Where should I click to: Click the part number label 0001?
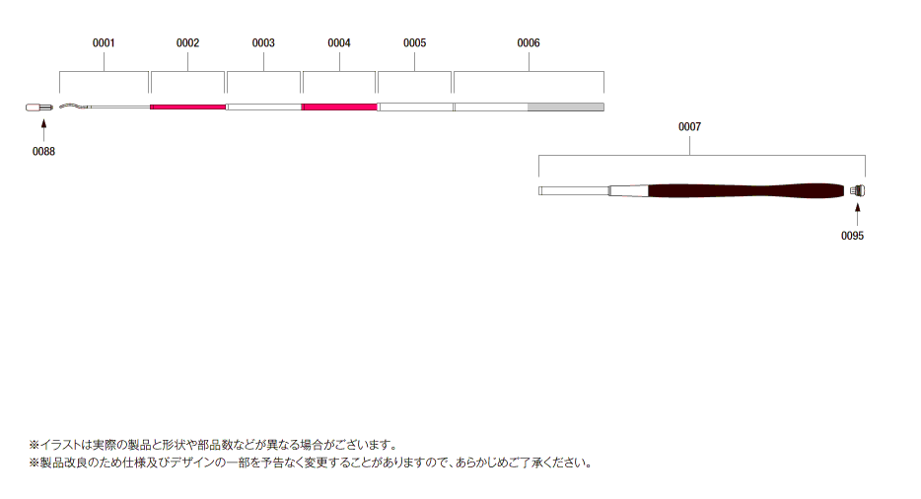[x=104, y=43]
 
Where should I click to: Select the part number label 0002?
[x=187, y=43]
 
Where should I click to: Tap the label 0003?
[x=263, y=43]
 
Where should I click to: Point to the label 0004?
[x=339, y=43]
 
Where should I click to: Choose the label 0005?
[x=415, y=43]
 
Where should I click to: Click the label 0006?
[x=529, y=43]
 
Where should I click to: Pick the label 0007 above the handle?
[x=689, y=127]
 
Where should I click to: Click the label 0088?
[x=43, y=152]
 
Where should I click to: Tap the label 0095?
[x=852, y=236]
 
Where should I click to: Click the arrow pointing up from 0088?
[x=43, y=130]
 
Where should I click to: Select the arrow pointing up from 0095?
[x=858, y=215]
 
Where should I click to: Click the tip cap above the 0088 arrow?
[x=39, y=107]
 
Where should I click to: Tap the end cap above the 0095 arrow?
[x=858, y=190]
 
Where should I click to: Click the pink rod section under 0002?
[x=188, y=107]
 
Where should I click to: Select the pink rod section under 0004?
[x=339, y=107]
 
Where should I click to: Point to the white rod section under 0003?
[x=263, y=107]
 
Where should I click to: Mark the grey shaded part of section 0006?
[x=566, y=107]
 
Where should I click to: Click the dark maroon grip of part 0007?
[x=745, y=191]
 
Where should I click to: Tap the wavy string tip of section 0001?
[x=72, y=106]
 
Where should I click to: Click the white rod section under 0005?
[x=415, y=107]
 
